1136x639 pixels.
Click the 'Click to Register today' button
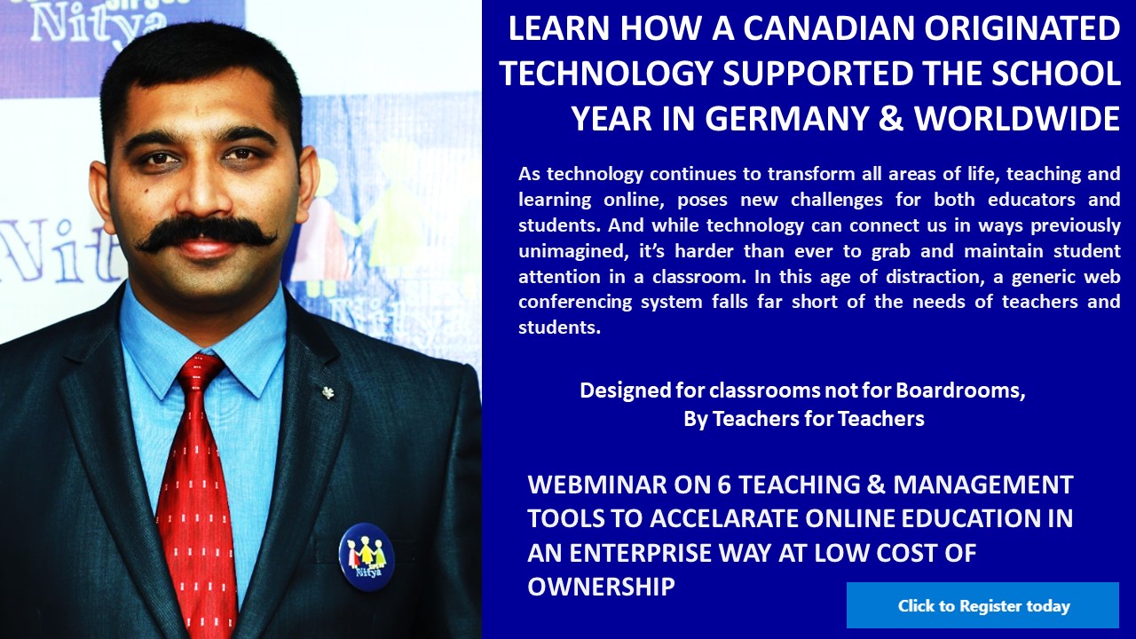click(x=982, y=605)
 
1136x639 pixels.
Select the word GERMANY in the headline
click(x=769, y=119)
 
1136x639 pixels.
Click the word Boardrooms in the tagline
click(x=960, y=390)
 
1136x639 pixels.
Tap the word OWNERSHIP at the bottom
click(x=601, y=587)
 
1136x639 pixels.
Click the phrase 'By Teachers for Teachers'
click(x=804, y=419)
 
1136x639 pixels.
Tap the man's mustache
click(x=207, y=233)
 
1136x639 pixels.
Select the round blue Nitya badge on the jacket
click(x=367, y=556)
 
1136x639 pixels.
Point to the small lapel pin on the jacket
click(x=328, y=391)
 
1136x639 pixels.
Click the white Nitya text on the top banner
click(x=99, y=24)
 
